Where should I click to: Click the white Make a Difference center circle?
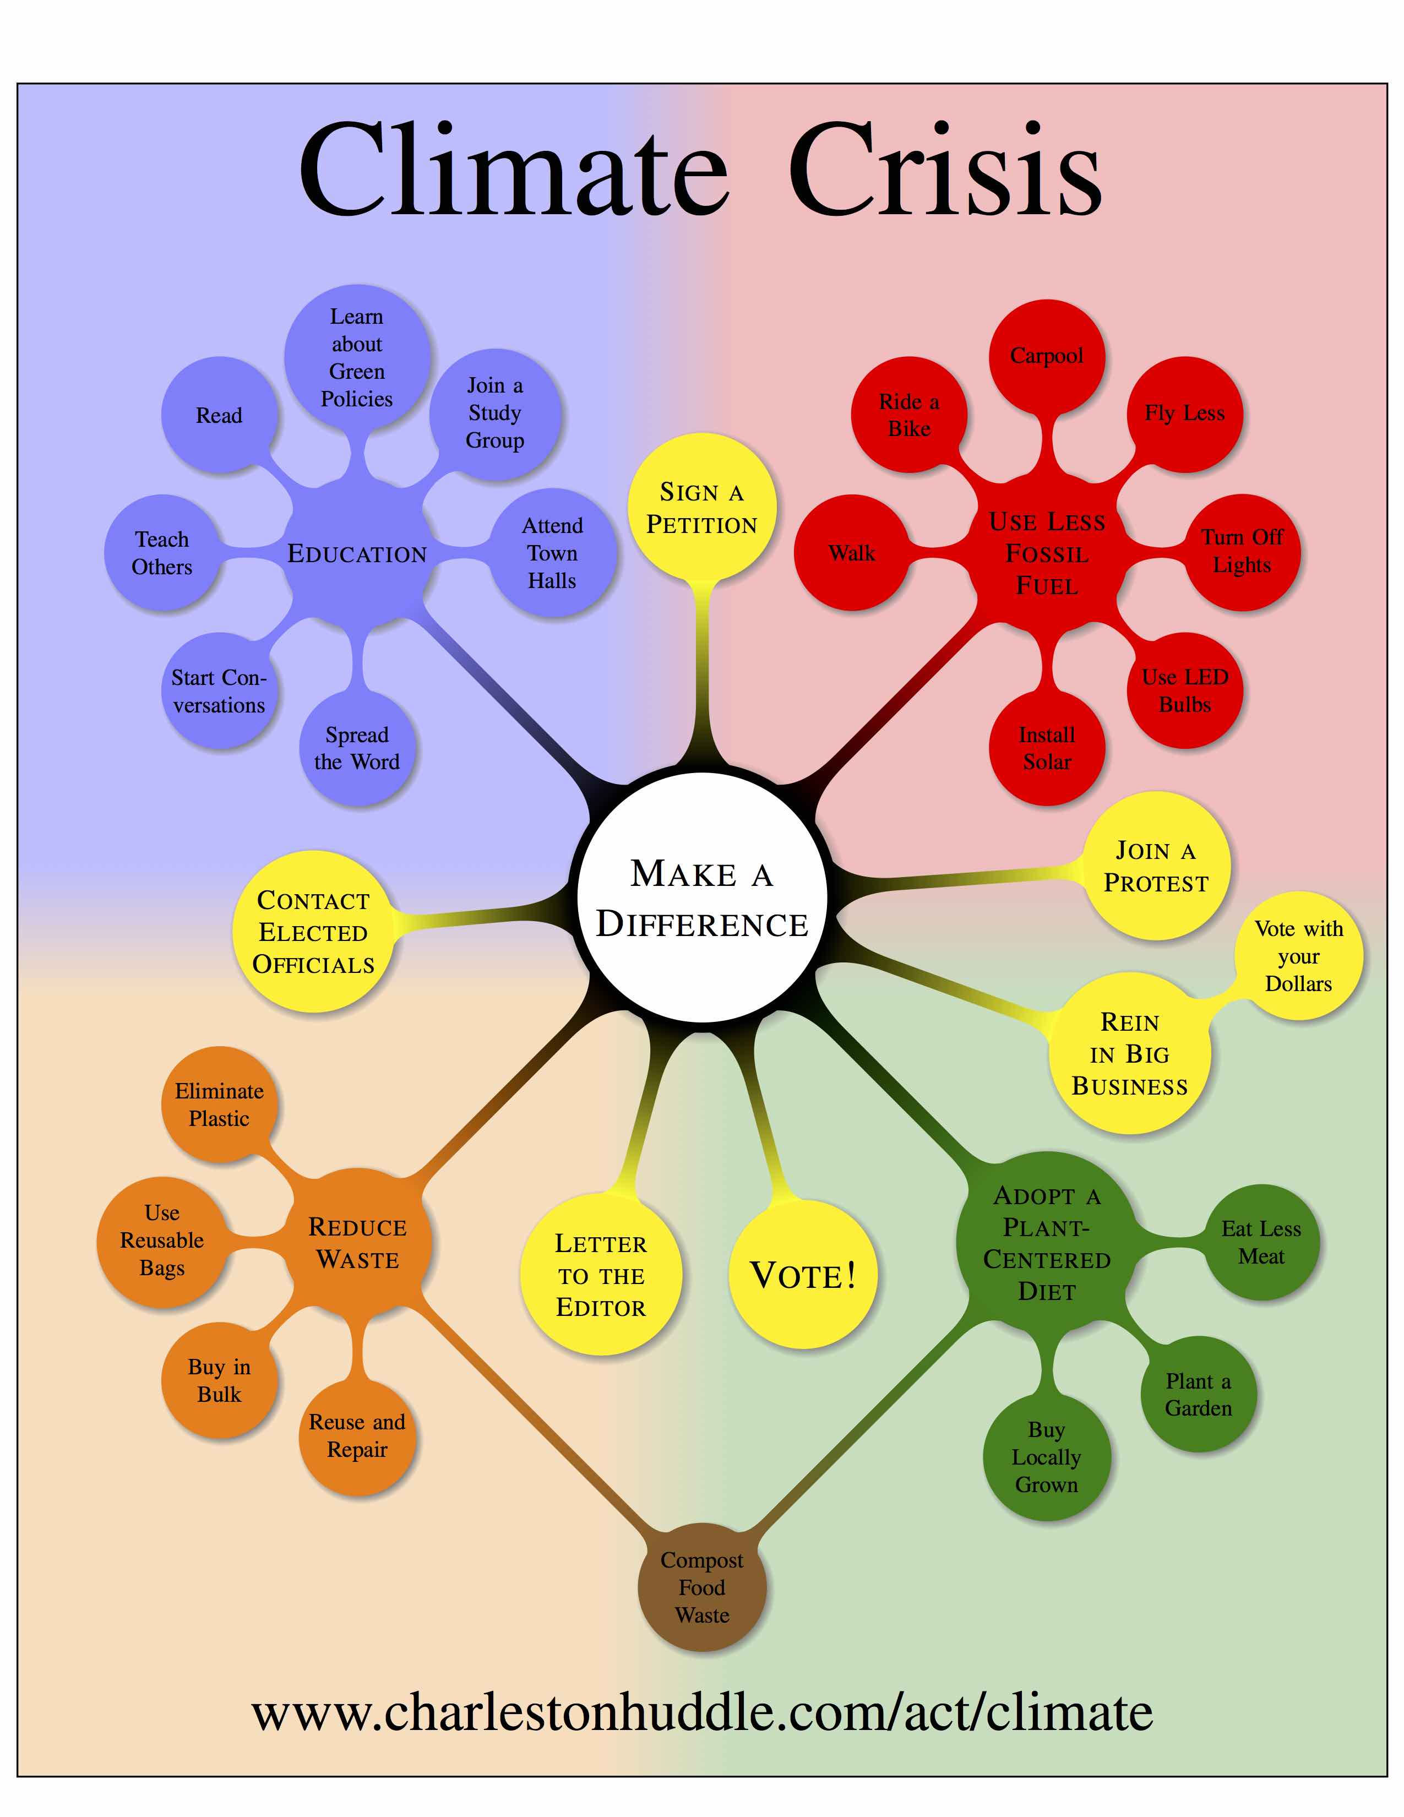pos(702,897)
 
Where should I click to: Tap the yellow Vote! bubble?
pos(803,1274)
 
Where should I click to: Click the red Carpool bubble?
pos(1046,356)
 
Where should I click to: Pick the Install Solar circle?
pos(1046,748)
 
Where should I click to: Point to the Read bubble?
pos(219,415)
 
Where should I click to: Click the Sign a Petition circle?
pos(702,508)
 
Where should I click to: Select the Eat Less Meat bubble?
pos(1261,1242)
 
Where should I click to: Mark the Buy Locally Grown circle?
pos(1046,1457)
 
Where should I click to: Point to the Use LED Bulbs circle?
pos(1184,690)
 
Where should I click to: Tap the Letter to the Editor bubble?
pos(601,1275)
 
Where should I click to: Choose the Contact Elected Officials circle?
pos(314,932)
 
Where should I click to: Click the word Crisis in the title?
pos(945,171)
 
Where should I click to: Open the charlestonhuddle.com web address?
pos(702,1712)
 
